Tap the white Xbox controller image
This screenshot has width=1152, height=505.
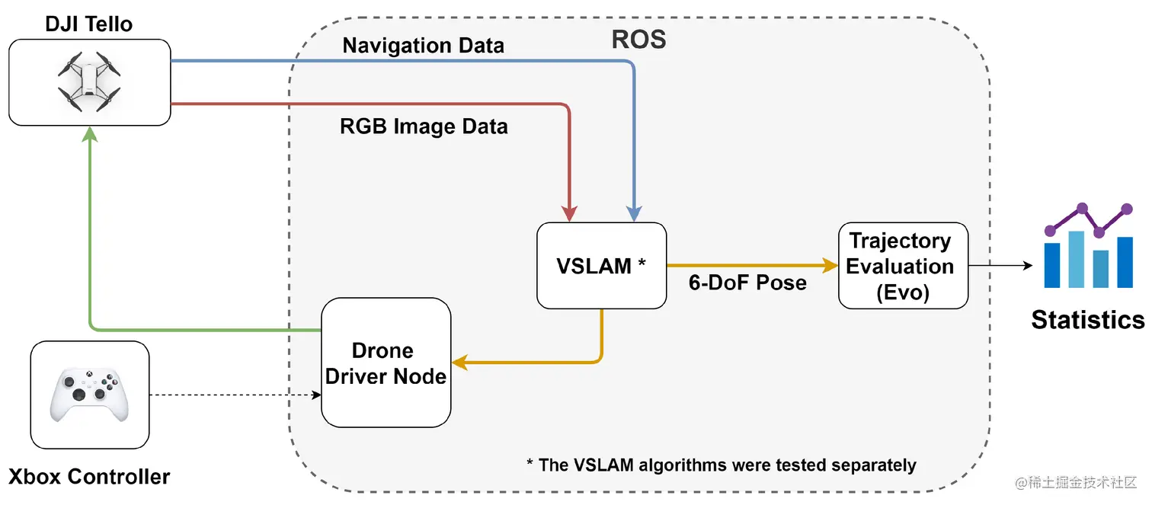click(90, 395)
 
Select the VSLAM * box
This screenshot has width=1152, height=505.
click(601, 266)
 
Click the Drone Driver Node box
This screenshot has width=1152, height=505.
click(386, 363)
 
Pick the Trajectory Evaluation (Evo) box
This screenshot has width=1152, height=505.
click(903, 266)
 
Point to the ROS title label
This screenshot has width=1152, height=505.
click(638, 39)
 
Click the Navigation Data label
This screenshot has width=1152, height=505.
click(423, 46)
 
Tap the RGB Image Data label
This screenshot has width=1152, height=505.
click(424, 126)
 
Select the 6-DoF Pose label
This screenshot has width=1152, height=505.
click(747, 283)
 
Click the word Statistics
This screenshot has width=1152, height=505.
click(1087, 319)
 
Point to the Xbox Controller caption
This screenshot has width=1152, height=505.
click(89, 478)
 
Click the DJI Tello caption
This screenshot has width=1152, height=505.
click(89, 24)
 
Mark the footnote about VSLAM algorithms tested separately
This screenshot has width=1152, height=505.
click(721, 465)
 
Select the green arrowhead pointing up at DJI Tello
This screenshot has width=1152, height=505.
click(90, 135)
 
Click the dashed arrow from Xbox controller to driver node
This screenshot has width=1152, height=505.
click(232, 395)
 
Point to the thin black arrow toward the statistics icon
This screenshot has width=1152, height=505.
click(1000, 266)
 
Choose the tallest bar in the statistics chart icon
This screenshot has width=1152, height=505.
click(1076, 259)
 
